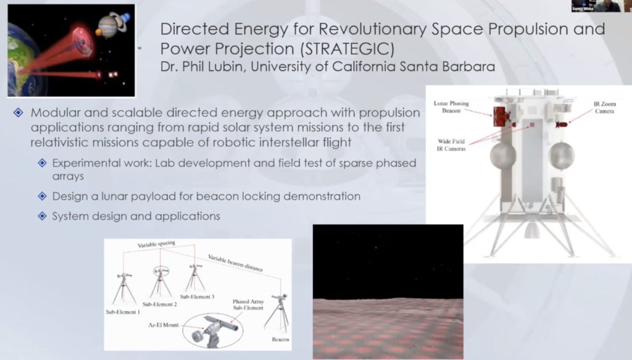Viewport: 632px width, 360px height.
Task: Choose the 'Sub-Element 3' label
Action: pos(197,296)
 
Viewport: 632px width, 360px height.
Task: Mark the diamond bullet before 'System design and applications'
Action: pos(42,216)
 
